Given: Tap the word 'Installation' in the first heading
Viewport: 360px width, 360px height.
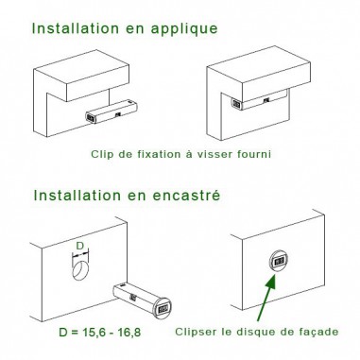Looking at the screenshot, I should tap(78, 27).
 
